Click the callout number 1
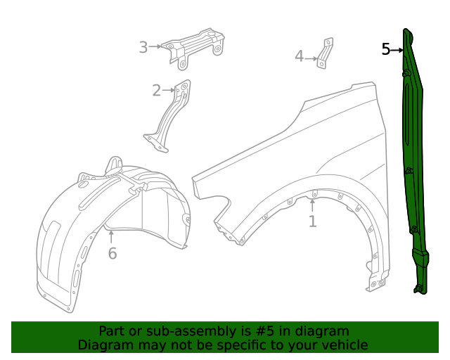[x=312, y=221]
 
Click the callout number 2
[x=156, y=90]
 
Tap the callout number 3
[x=143, y=47]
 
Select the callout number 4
[x=299, y=56]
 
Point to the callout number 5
[x=386, y=49]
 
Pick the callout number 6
[x=112, y=253]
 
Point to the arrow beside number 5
[x=398, y=50]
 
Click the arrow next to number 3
[x=156, y=47]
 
